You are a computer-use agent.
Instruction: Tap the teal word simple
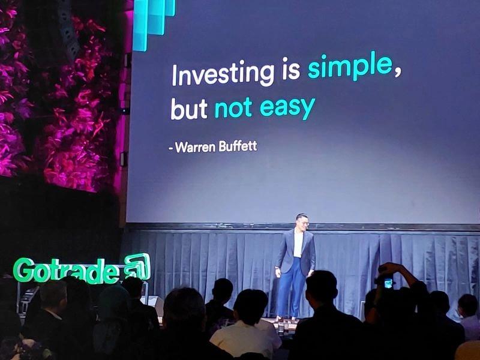[350, 67]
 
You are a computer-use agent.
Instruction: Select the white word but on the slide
[189, 109]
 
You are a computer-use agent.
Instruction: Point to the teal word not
[233, 108]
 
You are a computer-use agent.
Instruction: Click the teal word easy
[287, 109]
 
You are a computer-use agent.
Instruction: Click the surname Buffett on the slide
[238, 146]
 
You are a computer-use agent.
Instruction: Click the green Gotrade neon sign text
[66, 270]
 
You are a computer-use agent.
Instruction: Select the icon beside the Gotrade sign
[137, 266]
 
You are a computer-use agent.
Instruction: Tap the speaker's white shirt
[298, 245]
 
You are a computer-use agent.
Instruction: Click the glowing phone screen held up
[388, 283]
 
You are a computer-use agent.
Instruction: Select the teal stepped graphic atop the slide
[154, 23]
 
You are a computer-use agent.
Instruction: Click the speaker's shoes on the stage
[286, 319]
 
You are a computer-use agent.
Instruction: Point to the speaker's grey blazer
[295, 251]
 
